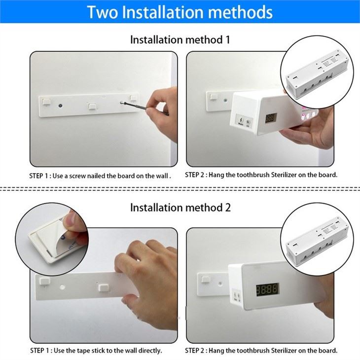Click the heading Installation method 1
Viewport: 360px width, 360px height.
tap(180, 39)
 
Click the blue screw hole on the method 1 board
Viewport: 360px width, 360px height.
tap(60, 106)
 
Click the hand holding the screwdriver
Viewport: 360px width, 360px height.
tap(160, 103)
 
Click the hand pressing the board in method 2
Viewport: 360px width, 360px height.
tap(148, 276)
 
